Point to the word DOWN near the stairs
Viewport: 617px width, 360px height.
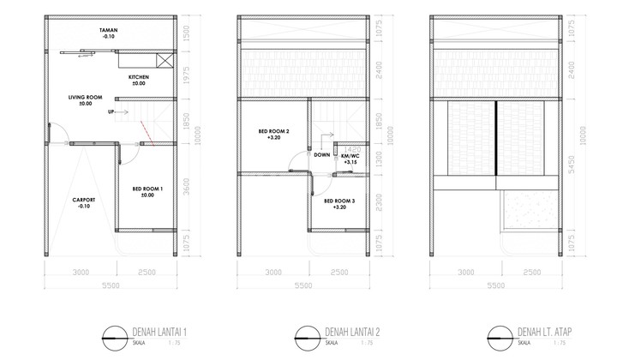(322, 156)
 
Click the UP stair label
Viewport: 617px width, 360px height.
(111, 112)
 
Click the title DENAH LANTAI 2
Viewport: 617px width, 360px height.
(356, 333)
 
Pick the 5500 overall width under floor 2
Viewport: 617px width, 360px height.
(305, 287)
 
